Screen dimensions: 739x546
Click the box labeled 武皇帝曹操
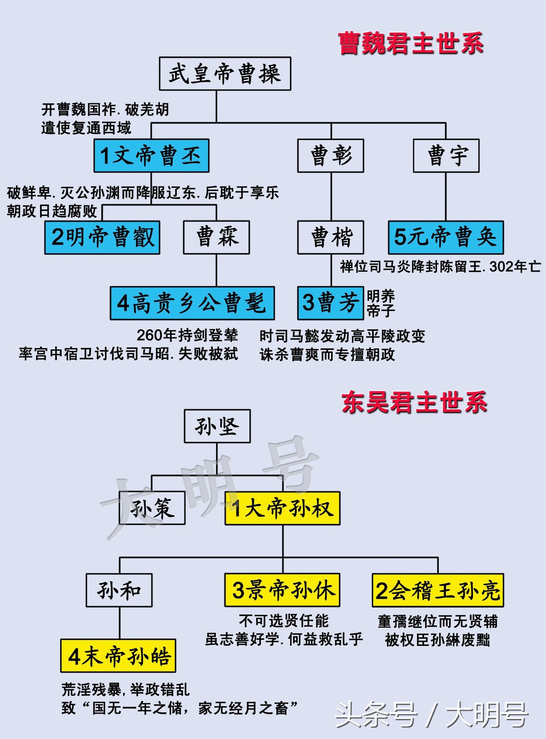pos(225,73)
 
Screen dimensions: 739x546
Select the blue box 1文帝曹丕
pos(151,155)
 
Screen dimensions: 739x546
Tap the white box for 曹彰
pos(330,155)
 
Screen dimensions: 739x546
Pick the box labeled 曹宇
pos(446,155)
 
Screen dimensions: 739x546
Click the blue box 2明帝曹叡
pos(102,238)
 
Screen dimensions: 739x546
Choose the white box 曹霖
pos(216,238)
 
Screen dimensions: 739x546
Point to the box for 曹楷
pos(330,238)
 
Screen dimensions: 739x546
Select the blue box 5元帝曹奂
pos(446,238)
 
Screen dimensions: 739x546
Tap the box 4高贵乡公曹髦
pos(192,303)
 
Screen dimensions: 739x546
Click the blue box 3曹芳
pos(330,303)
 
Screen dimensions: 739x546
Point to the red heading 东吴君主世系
pos(414,402)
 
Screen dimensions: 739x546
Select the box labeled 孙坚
pos(217,426)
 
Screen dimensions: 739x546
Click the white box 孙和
pos(119,590)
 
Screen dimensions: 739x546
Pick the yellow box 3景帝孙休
pos(282,590)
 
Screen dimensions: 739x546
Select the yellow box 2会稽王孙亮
pos(438,590)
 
